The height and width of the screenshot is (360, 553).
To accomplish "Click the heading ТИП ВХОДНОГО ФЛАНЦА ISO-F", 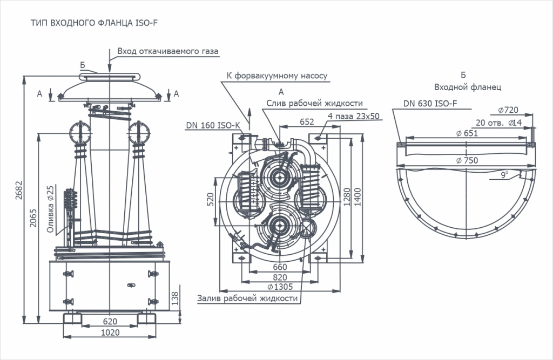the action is click(94, 23).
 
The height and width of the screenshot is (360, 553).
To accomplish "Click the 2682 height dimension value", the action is click(19, 190).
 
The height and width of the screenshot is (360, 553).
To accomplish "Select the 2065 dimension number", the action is click(33, 218).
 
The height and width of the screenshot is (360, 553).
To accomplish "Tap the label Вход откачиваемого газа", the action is click(168, 51).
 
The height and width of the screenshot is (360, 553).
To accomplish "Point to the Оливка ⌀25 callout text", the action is click(51, 209).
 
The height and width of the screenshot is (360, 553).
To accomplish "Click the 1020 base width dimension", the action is click(110, 332).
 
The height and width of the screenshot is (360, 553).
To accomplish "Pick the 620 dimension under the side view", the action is click(110, 322).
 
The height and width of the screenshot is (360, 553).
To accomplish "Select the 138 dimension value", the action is click(175, 298).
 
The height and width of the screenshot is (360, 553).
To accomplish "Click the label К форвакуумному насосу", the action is click(277, 76).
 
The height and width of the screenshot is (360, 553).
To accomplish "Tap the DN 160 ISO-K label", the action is click(213, 126).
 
